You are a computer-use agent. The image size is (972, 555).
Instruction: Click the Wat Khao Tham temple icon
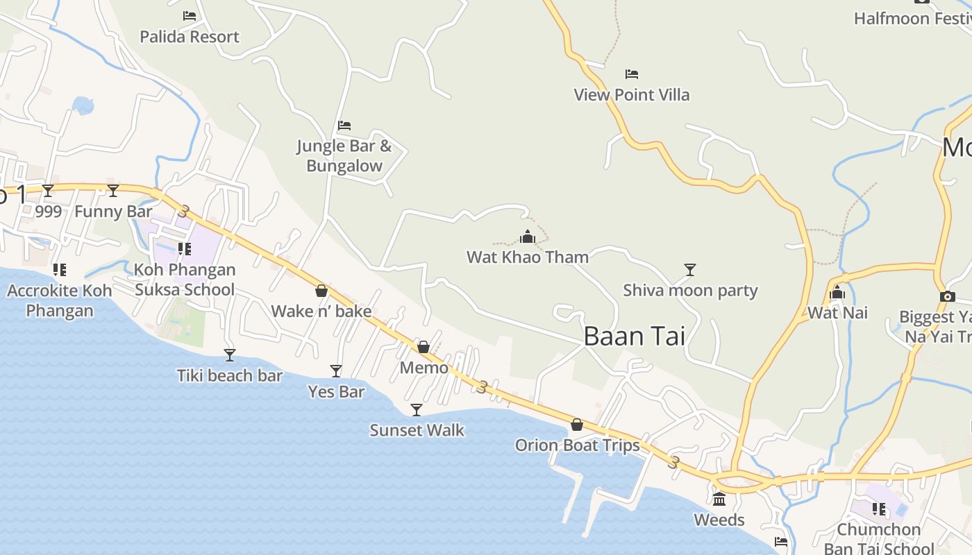(528, 237)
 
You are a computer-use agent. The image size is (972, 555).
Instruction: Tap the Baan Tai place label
(634, 336)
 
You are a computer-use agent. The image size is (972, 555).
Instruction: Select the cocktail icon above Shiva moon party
(689, 269)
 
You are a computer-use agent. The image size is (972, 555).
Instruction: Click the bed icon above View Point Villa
(632, 74)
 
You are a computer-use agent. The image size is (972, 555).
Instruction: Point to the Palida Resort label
(190, 37)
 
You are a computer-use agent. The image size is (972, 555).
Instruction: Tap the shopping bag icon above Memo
(424, 346)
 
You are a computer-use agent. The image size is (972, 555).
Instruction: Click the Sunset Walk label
(417, 430)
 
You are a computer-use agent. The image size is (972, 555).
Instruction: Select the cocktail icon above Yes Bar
(336, 371)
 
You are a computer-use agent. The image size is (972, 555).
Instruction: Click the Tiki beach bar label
(229, 376)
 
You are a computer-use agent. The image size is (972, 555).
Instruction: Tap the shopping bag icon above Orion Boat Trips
(577, 424)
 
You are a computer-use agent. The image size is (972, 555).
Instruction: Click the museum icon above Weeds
(719, 499)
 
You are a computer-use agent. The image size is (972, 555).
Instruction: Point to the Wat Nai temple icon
(837, 292)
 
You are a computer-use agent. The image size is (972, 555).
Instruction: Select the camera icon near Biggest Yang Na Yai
(947, 296)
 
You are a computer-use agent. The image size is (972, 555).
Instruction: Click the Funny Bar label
(113, 212)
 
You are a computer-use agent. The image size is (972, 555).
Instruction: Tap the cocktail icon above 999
(48, 190)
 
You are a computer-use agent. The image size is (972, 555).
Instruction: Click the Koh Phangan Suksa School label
(185, 280)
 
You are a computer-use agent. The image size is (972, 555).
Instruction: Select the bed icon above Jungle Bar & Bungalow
(344, 126)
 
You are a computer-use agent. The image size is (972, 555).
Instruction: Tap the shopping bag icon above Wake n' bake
(321, 291)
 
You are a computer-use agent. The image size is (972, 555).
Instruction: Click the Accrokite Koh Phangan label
(60, 300)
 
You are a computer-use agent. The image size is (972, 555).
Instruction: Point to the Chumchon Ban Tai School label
(879, 539)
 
